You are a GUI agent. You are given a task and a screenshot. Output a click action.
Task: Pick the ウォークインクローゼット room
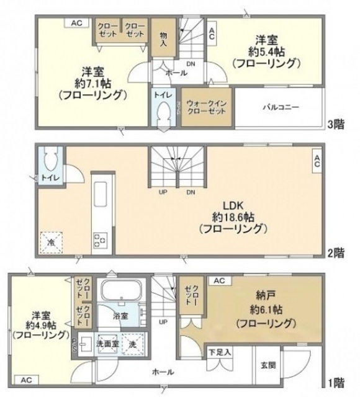point(204,107)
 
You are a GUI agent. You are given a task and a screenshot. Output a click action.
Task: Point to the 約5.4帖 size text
point(266,51)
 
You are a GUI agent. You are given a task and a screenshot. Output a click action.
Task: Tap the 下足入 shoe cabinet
point(220,352)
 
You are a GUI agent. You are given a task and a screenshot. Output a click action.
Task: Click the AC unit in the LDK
point(316,162)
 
